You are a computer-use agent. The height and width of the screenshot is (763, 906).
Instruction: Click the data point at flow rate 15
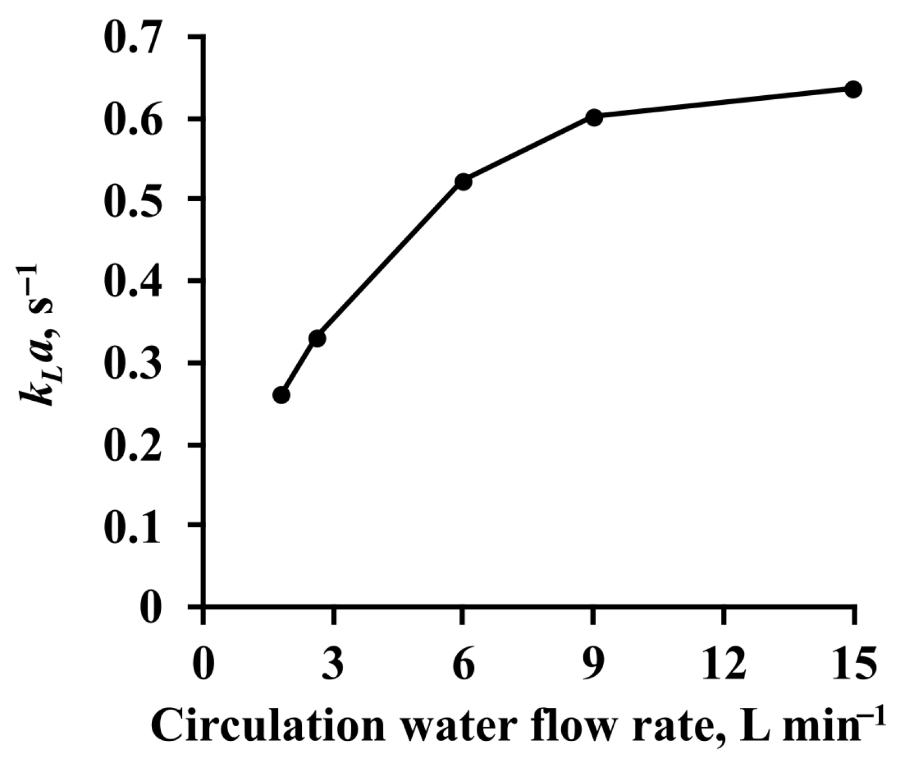tap(853, 89)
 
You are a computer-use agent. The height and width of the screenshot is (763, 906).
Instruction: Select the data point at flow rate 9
tap(593, 117)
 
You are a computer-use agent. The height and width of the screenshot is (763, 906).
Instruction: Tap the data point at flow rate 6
tap(463, 182)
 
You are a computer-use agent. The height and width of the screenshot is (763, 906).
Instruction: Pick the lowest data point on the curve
tap(281, 395)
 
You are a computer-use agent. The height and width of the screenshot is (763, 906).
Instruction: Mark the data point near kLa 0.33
tap(317, 339)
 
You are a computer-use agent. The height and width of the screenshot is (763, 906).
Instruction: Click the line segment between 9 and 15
tap(724, 103)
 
